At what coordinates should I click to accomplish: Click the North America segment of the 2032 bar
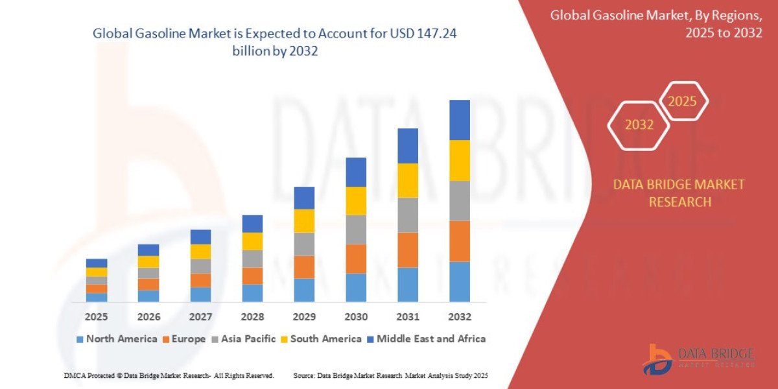tap(459, 281)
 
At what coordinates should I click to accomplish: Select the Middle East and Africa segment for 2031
tap(407, 146)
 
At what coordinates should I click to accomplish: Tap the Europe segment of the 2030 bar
tap(355, 259)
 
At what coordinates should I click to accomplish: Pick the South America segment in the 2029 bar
tap(304, 221)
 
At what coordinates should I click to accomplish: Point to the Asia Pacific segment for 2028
tap(252, 259)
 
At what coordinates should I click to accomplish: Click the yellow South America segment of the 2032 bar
tap(459, 160)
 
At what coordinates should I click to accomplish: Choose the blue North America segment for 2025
tap(97, 298)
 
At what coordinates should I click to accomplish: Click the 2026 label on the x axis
tap(148, 317)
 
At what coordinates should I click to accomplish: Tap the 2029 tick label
tap(304, 317)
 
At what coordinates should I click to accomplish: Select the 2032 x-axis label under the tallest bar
tap(459, 317)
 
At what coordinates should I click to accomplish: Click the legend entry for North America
tap(117, 338)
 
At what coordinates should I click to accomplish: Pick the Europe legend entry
tap(184, 338)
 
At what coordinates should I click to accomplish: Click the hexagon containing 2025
tap(683, 101)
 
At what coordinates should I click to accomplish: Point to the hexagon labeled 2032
tap(639, 125)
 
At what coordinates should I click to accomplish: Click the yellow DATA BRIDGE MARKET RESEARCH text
tap(679, 193)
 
